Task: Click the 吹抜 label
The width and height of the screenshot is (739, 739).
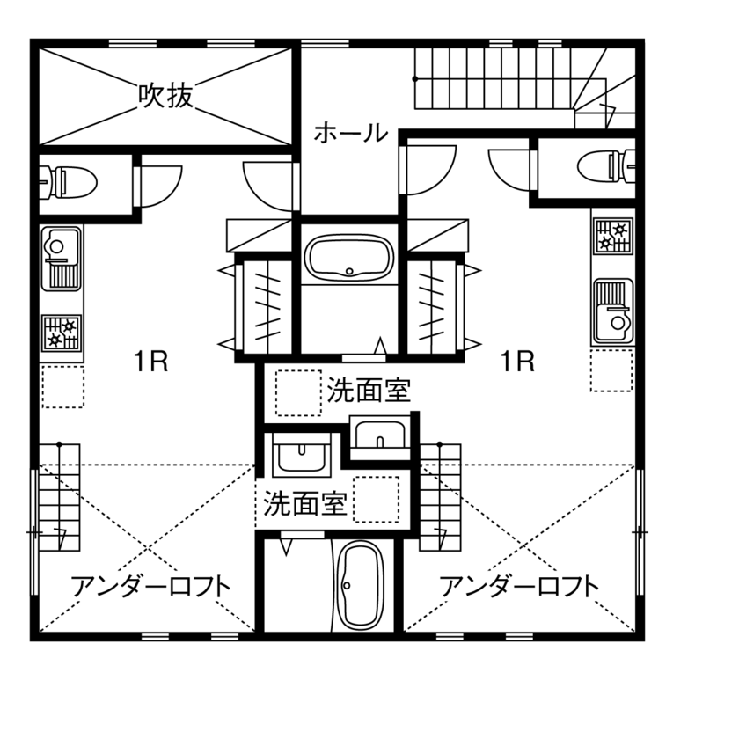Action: [x=165, y=94]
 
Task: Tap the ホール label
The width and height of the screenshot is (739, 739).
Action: [x=350, y=133]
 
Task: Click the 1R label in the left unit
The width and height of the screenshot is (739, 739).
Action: [x=151, y=362]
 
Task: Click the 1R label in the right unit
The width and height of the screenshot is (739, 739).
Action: [x=517, y=362]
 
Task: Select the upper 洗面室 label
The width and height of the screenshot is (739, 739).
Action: [x=369, y=391]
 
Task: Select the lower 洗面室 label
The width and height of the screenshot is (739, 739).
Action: [x=304, y=504]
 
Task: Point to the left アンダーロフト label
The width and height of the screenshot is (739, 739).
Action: [x=151, y=586]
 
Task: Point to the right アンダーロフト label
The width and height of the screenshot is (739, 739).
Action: [x=519, y=586]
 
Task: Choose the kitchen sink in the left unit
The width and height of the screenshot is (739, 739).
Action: [x=62, y=257]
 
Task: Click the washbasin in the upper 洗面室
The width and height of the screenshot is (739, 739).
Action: [x=378, y=435]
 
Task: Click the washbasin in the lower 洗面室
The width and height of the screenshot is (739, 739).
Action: [x=299, y=456]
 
